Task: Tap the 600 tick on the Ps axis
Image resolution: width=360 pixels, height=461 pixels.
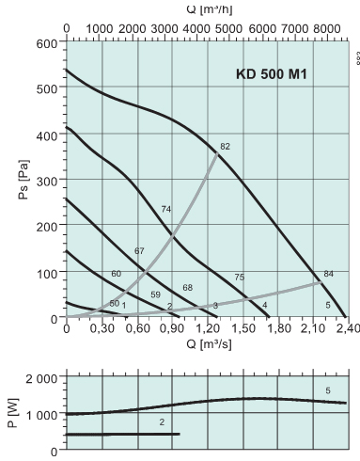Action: point(47,43)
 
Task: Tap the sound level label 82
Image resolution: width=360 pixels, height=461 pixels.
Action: point(225,146)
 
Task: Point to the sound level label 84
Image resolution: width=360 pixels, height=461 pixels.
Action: point(328,274)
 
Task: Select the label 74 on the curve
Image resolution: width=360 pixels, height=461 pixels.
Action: point(166,208)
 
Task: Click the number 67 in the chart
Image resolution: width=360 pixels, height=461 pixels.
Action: point(139,250)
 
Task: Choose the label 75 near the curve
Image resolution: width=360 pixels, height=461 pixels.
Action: point(240,277)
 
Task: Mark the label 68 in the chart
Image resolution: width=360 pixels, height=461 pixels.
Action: point(187,287)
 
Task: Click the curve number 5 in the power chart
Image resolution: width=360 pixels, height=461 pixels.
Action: point(328,389)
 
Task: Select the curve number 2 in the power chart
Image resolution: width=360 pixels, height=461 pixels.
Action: point(162,422)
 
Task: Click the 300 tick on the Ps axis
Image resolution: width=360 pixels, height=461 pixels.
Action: point(47,181)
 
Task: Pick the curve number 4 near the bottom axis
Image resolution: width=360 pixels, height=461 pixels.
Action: point(265,306)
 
